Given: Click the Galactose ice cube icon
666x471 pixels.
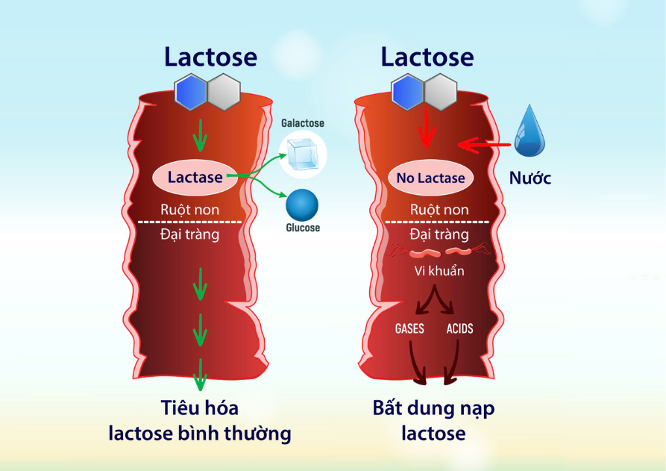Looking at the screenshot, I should pyautogui.click(x=303, y=154).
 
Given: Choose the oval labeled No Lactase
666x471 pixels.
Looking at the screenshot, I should pyautogui.click(x=431, y=178).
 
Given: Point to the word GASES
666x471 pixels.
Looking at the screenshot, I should pyautogui.click(x=409, y=328).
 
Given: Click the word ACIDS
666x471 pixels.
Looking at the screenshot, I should pyautogui.click(x=459, y=328).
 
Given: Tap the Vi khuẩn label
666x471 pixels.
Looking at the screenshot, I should pyautogui.click(x=439, y=270).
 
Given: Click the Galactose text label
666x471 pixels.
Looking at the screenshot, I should pyautogui.click(x=302, y=122).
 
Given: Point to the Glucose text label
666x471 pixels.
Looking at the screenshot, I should pyautogui.click(x=303, y=228).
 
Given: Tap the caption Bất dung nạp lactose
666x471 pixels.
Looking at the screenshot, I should pyautogui.click(x=433, y=420).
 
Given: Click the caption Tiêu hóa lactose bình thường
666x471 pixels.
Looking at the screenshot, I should pyautogui.click(x=200, y=421).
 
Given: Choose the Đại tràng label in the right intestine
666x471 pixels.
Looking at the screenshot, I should pyautogui.click(x=439, y=234).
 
